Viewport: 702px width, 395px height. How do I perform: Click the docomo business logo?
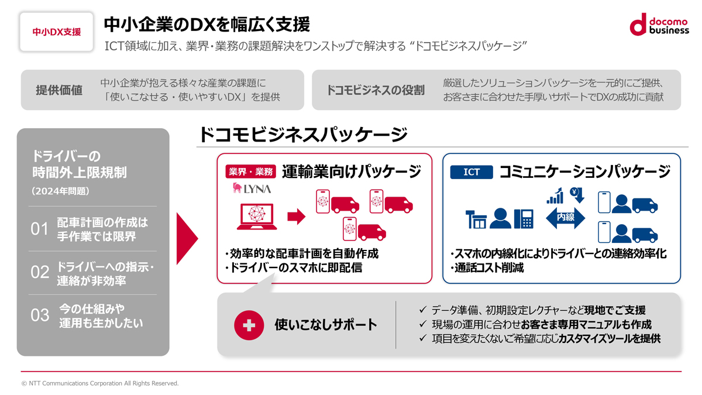(x=659, y=24)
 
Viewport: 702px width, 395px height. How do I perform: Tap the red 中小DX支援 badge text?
(x=57, y=32)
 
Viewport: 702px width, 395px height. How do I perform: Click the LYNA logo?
(x=252, y=188)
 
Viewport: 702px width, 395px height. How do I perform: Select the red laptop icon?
(x=257, y=217)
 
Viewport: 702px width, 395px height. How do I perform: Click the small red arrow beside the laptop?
(x=296, y=217)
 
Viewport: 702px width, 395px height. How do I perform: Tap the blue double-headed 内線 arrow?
(x=565, y=218)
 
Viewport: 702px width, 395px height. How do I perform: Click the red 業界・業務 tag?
(x=251, y=172)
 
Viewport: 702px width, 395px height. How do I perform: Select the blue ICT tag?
(x=472, y=172)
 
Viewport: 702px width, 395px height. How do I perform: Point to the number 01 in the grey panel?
(x=40, y=229)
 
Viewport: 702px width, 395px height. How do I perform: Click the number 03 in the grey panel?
(x=40, y=315)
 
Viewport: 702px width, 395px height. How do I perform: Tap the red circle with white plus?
(x=249, y=325)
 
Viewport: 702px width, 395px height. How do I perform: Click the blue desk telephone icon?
(x=524, y=219)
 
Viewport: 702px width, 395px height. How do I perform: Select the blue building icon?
(x=476, y=219)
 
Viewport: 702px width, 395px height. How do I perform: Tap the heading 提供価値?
(x=59, y=90)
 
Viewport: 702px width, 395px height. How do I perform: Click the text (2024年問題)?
(x=60, y=191)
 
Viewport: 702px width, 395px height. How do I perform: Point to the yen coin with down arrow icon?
(x=577, y=195)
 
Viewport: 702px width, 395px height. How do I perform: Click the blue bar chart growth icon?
(x=555, y=196)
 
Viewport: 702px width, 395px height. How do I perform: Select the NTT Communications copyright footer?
(x=100, y=383)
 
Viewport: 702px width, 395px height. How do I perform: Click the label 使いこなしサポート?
(x=326, y=325)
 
